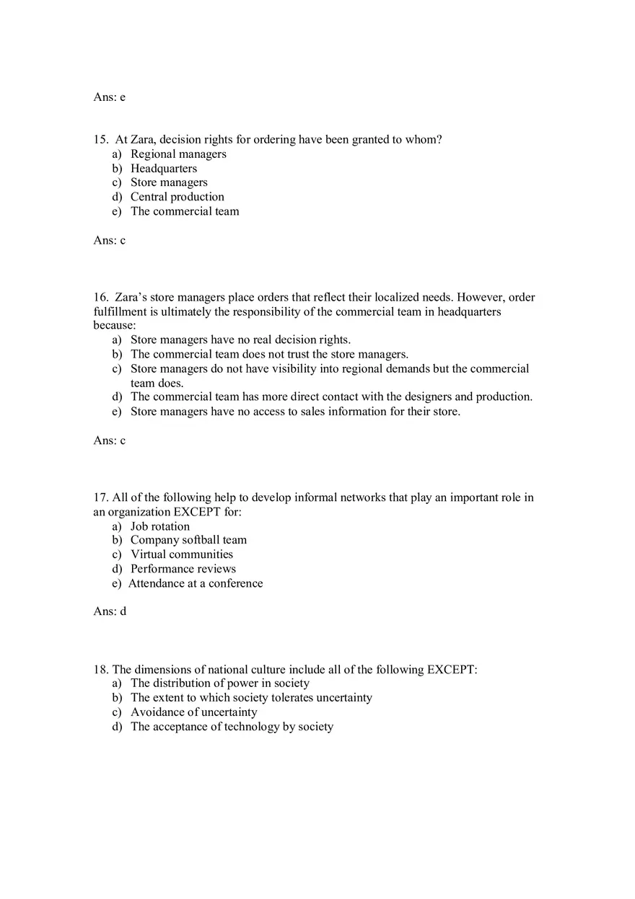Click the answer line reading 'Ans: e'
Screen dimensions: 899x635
[x=109, y=97]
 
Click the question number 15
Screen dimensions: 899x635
[x=100, y=140]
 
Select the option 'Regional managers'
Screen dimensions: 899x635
[x=178, y=154]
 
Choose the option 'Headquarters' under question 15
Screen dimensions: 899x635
[x=163, y=169]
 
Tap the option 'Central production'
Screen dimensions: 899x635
[x=177, y=197]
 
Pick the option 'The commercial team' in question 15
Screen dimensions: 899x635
[x=185, y=211]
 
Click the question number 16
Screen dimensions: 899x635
[x=100, y=298]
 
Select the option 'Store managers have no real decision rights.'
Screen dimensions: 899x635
[x=240, y=340]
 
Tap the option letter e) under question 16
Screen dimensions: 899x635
[x=117, y=412]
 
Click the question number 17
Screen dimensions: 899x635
[x=100, y=497]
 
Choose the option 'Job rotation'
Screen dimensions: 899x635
[x=159, y=526]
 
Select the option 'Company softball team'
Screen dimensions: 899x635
[x=188, y=540]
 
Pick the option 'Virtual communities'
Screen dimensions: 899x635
[x=181, y=554]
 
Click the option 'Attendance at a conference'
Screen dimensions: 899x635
[x=196, y=583]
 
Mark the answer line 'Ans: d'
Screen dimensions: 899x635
[x=110, y=611]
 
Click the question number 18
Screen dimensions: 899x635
[x=100, y=670]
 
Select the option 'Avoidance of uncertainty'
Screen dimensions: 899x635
[x=193, y=712]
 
